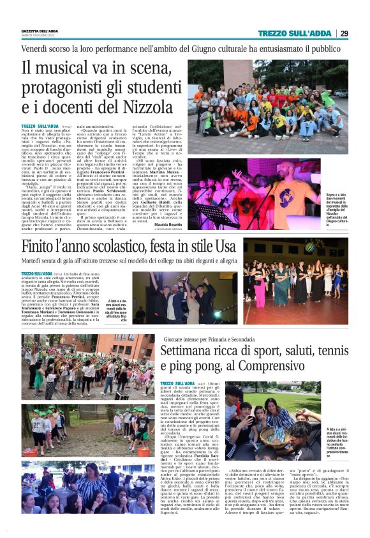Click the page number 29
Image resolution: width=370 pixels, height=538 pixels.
(344, 33)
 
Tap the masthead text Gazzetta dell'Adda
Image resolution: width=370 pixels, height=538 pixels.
(39, 31)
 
